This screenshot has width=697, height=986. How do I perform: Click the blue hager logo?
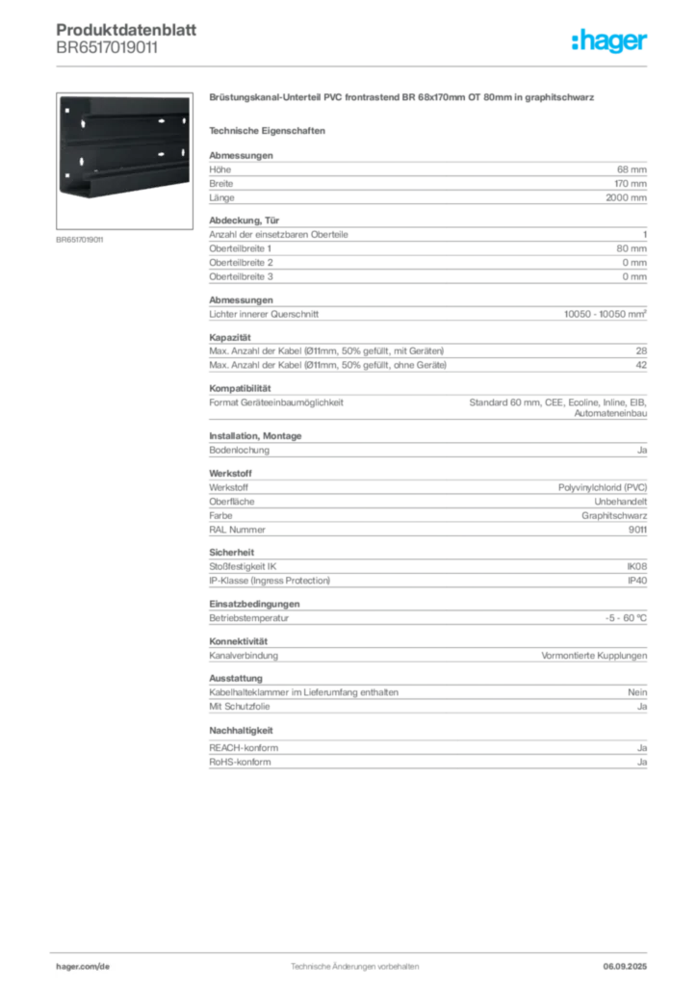click(x=611, y=41)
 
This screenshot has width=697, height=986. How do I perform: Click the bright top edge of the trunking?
click(x=125, y=96)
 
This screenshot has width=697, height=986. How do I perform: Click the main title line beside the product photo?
click(x=404, y=99)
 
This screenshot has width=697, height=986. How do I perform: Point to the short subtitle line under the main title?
click(x=270, y=130)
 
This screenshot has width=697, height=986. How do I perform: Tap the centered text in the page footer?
click(x=354, y=963)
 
